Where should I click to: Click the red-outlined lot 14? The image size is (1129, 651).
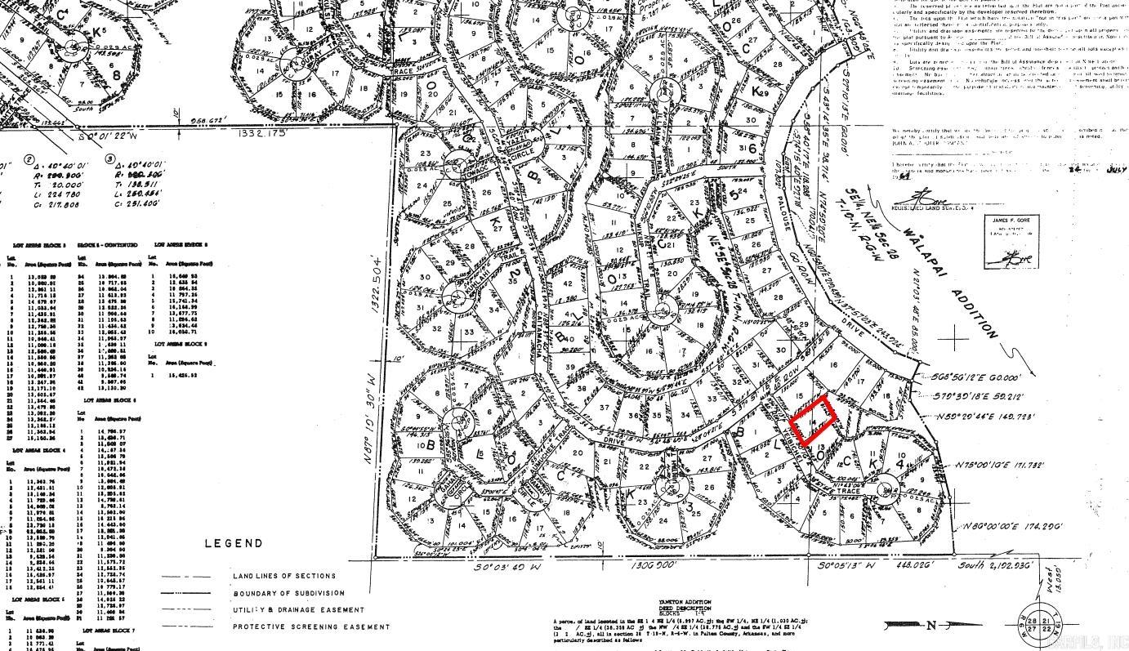click(x=813, y=421)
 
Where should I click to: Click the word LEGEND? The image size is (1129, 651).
click(x=234, y=543)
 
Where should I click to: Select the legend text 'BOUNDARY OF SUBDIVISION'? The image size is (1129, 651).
click(x=289, y=593)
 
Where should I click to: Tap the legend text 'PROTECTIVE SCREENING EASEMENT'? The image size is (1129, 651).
click(x=311, y=626)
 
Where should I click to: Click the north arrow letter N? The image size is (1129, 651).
click(x=932, y=626)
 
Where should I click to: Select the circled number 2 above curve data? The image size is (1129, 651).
click(x=29, y=160)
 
